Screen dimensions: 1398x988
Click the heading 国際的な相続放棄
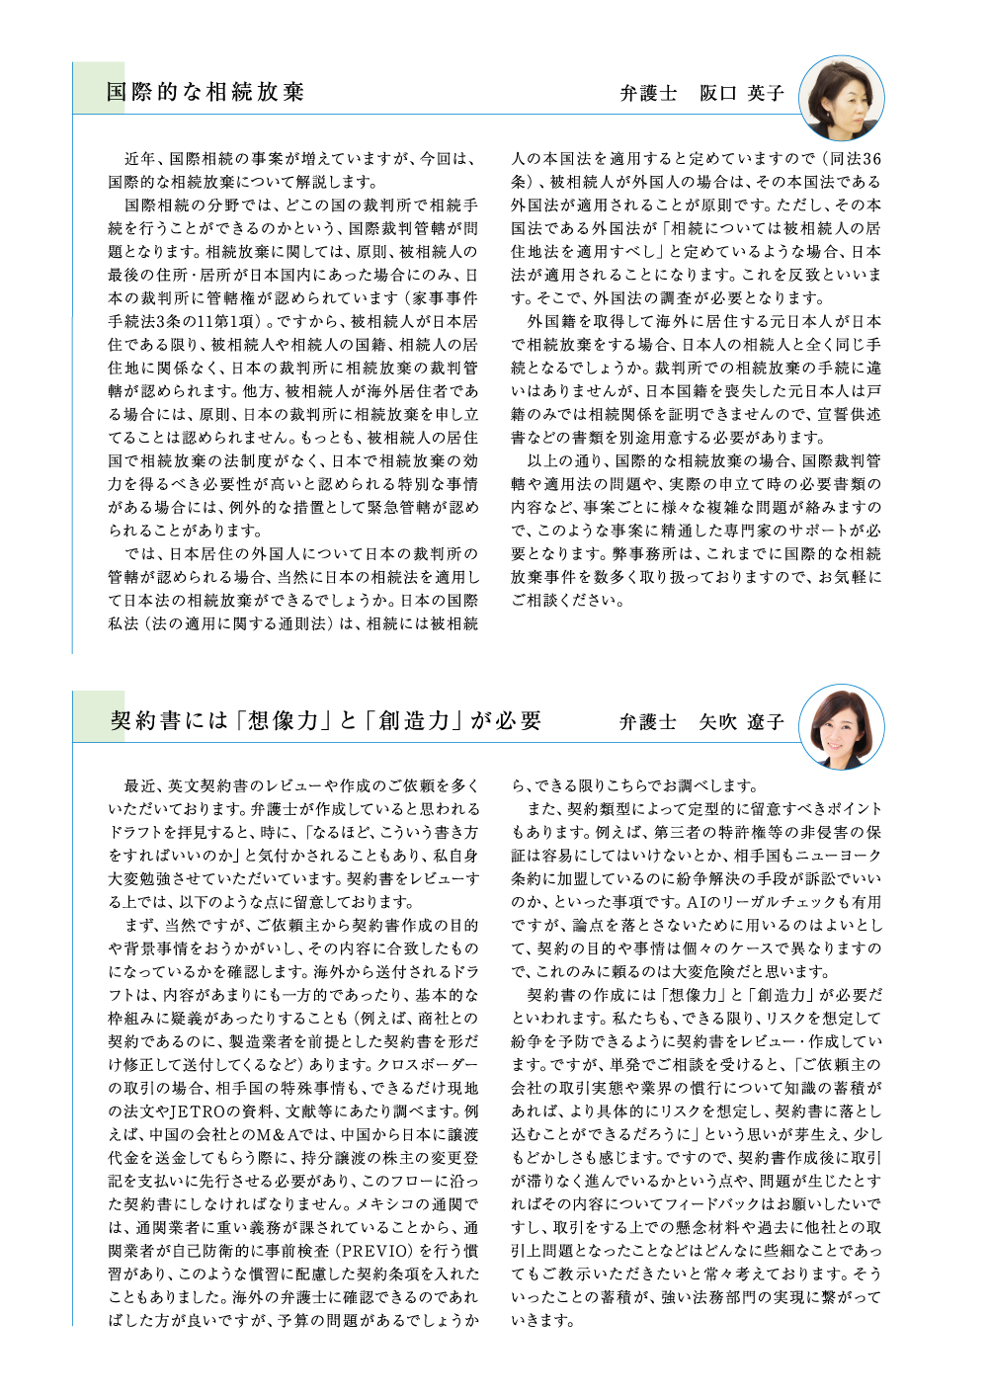click(x=206, y=93)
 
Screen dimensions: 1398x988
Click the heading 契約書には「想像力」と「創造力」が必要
click(x=326, y=721)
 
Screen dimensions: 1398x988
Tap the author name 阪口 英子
click(x=742, y=94)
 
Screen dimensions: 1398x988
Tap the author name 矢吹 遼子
click(x=742, y=723)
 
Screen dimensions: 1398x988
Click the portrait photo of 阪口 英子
click(x=841, y=97)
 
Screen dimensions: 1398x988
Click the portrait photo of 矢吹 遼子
click(x=841, y=726)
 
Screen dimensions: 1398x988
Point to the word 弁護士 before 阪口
click(x=648, y=94)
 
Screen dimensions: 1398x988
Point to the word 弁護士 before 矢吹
click(x=648, y=723)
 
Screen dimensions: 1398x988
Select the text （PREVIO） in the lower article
click(x=370, y=1252)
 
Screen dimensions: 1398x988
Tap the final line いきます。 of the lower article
click(x=542, y=1321)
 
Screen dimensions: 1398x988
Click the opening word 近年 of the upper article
click(x=139, y=159)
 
